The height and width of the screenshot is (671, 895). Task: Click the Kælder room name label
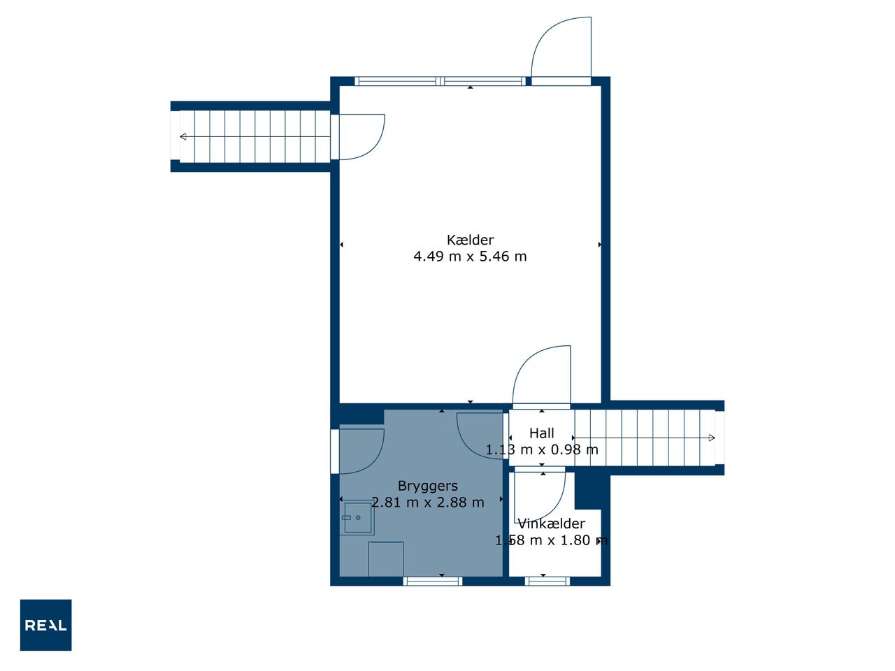[470, 240]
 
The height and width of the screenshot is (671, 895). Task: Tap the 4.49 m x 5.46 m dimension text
[470, 257]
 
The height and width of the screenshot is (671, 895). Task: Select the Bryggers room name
[428, 486]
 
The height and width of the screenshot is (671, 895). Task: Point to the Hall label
[541, 433]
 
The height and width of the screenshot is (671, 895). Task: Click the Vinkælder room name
[551, 524]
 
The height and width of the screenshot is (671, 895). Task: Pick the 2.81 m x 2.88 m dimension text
[428, 503]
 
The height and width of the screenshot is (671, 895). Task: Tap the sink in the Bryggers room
[357, 518]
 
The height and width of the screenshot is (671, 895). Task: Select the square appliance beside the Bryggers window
[386, 559]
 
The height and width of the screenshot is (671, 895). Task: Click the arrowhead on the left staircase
[183, 136]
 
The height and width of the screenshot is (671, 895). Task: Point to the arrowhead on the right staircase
[712, 438]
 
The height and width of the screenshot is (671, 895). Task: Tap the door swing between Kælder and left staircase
[361, 137]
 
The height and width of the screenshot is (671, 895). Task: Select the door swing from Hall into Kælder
[541, 375]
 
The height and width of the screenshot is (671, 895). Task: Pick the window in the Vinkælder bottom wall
[547, 582]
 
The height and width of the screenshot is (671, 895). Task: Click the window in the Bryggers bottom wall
[433, 582]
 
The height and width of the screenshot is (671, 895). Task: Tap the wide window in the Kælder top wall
[440, 81]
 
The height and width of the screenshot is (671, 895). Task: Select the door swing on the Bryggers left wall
[361, 452]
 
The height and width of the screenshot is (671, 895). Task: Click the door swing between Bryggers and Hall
[480, 436]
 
